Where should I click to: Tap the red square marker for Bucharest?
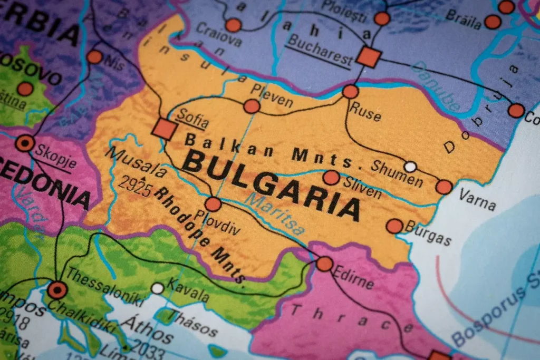tap(368, 56)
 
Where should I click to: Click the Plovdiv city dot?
tap(213, 204)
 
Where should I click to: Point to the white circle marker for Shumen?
tap(410, 167)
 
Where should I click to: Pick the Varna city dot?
tap(444, 187)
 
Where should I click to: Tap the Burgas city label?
tap(428, 232)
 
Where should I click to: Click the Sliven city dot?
tap(331, 178)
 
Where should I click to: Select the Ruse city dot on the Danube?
tap(350, 92)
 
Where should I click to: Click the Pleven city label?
tap(271, 95)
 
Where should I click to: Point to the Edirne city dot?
tap(324, 264)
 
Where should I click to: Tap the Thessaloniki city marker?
tap(57, 290)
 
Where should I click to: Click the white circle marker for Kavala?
tap(157, 288)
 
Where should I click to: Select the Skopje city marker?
tap(25, 143)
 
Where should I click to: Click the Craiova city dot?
tap(233, 25)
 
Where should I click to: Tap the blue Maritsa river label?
tap(275, 214)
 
